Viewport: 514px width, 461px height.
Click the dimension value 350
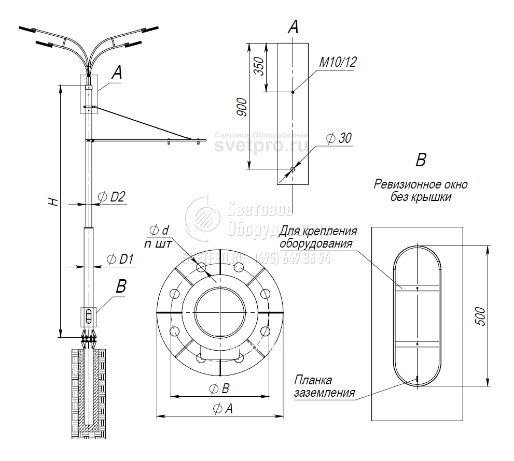pos(259,67)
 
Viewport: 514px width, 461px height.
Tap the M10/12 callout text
pos(338,63)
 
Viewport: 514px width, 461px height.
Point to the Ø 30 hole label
pos(339,138)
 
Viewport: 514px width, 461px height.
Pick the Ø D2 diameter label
pos(112,196)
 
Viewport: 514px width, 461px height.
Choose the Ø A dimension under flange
pos(223,409)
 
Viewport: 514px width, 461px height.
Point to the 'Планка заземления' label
pos(324,387)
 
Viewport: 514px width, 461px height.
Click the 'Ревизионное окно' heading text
pos(421,184)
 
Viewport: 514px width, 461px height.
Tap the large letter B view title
pos(421,160)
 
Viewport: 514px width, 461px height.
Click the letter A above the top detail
pos(293,27)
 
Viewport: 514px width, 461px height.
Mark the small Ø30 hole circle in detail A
pos(293,169)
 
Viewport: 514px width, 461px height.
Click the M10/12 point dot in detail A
pos(293,92)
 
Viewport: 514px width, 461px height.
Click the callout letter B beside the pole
pos(121,286)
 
